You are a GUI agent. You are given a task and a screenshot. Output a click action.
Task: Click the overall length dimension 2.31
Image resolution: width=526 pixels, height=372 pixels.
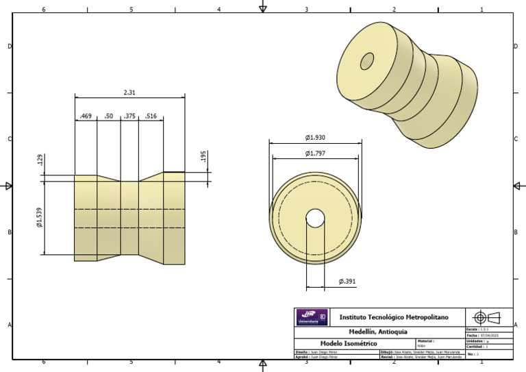point(129,92)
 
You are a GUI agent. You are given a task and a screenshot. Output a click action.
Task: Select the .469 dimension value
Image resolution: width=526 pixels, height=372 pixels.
point(86,116)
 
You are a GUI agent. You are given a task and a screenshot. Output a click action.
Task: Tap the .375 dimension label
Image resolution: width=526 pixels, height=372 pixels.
point(129,116)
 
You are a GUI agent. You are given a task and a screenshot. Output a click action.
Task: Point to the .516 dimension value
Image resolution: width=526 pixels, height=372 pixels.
point(151,116)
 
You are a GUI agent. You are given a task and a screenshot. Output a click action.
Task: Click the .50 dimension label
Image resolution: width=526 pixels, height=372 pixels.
point(109,116)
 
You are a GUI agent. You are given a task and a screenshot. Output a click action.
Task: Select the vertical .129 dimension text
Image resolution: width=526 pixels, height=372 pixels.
point(41,160)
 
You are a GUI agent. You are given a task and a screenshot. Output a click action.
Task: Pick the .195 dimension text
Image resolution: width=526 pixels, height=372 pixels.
point(203,157)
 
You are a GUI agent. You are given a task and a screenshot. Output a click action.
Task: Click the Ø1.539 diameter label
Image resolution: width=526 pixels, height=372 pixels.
point(40,216)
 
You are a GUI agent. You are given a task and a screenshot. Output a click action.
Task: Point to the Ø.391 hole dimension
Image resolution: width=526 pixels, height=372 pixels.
point(347,282)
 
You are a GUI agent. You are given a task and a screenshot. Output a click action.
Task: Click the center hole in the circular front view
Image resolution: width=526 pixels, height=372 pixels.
point(315,218)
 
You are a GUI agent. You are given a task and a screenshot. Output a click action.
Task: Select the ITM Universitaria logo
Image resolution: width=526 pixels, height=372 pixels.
point(312,317)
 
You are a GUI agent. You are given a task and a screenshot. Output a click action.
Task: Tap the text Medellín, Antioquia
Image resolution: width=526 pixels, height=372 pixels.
point(379,332)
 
